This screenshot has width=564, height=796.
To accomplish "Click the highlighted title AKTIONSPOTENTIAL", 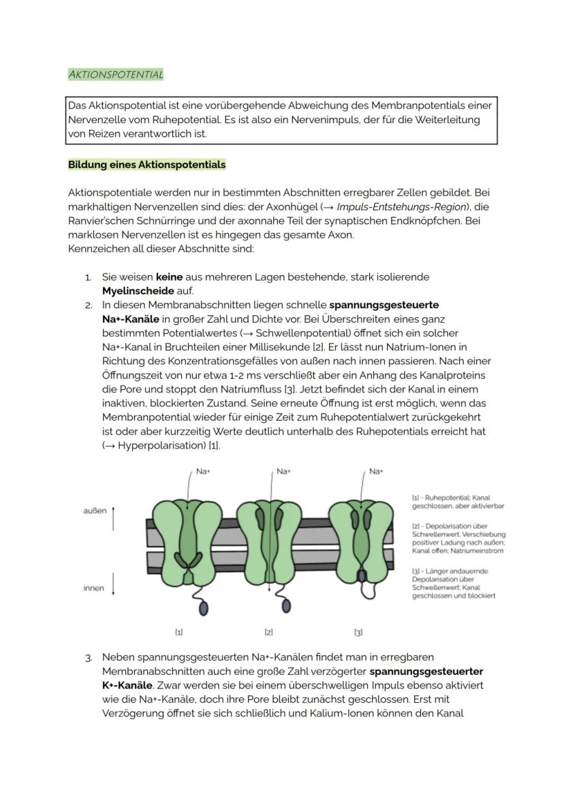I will tap(116, 75).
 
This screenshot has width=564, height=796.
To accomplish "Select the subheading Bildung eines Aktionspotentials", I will tap(146, 165).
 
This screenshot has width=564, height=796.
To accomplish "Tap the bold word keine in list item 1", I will tap(170, 278).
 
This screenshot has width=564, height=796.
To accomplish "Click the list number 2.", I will tap(88, 305).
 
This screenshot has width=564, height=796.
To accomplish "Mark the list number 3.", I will tap(88, 658).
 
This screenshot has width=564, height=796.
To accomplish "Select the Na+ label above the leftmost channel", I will tap(202, 471).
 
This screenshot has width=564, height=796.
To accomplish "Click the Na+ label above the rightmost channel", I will tap(375, 471).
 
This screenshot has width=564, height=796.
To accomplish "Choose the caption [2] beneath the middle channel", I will tap(269, 633).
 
